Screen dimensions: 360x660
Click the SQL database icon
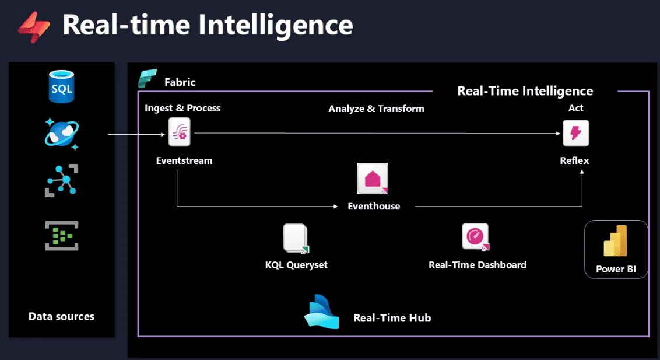(62, 87)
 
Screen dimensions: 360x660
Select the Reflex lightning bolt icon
(575, 133)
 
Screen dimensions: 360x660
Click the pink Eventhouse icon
(373, 178)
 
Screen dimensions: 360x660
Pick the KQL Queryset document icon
(296, 239)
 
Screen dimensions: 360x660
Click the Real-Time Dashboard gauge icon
(475, 237)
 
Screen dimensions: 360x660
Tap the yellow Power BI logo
(615, 241)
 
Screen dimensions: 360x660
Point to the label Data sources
(61, 317)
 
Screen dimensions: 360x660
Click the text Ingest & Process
(182, 108)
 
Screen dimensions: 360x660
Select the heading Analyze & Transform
(376, 109)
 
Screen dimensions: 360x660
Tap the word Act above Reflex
(576, 108)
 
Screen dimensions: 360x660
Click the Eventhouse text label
(374, 206)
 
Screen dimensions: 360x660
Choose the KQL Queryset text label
(296, 265)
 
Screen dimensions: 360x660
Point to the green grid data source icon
(62, 235)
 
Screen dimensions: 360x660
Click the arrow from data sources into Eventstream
(138, 135)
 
